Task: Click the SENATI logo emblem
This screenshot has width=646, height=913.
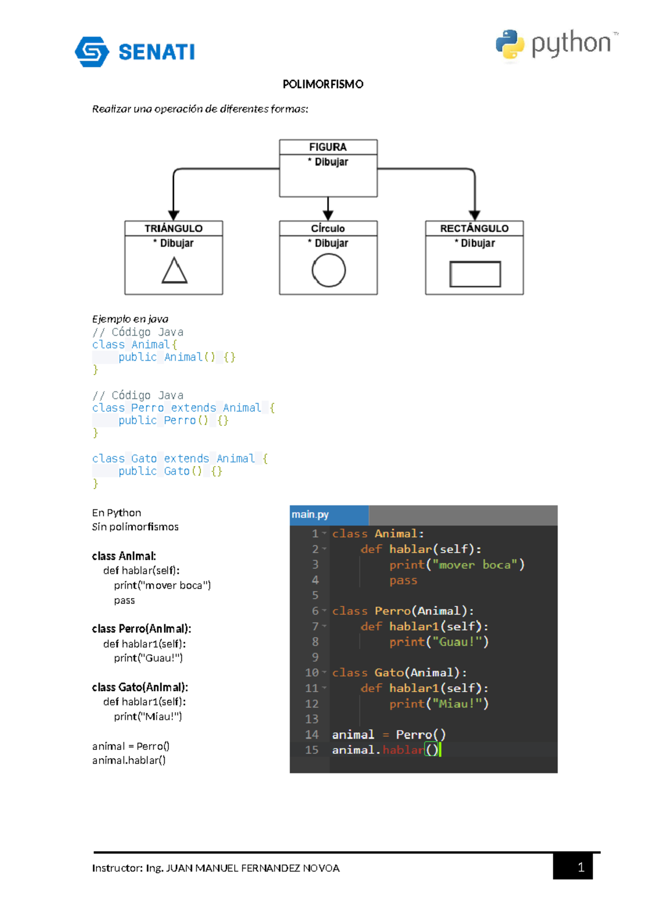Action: (92, 52)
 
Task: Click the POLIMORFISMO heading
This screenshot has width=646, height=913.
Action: (323, 84)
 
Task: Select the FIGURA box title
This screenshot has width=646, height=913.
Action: (328, 147)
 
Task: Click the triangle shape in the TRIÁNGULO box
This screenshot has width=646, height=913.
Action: (174, 270)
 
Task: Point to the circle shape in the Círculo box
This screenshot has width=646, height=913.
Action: (328, 270)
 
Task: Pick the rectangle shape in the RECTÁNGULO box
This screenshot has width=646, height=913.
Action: (475, 274)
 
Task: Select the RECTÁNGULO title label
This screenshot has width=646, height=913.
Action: (474, 228)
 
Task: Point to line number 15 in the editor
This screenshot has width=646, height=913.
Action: (312, 750)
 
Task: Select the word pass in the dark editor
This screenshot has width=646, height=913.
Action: (403, 580)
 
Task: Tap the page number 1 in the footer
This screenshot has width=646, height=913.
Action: (580, 867)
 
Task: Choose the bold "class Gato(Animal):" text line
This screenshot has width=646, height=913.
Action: (140, 687)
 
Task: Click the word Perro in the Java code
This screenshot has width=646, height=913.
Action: (147, 408)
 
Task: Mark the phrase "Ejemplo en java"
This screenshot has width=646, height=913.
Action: (130, 319)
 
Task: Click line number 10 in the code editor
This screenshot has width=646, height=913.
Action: (312, 673)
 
